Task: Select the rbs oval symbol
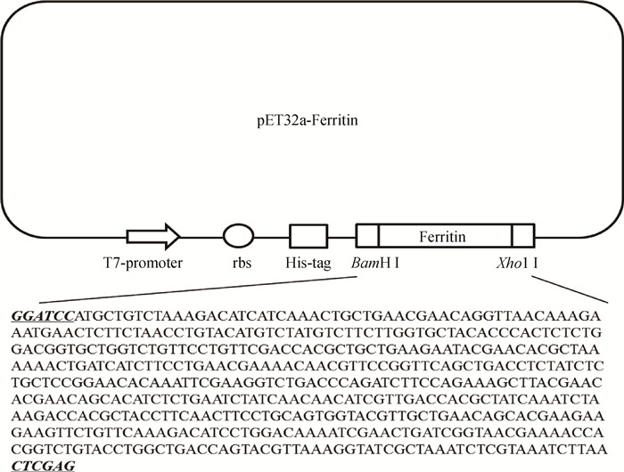pyautogui.click(x=237, y=236)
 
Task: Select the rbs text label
pyautogui.click(x=238, y=264)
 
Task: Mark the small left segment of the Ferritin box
pyautogui.click(x=367, y=236)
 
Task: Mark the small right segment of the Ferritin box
pyautogui.click(x=523, y=236)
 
